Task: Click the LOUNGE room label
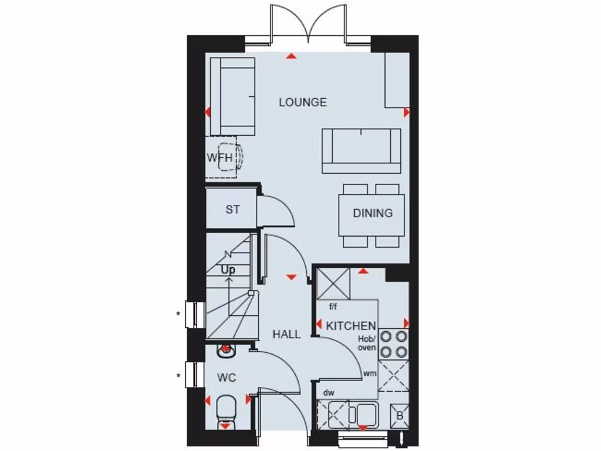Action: [x=302, y=102]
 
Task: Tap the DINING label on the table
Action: [x=372, y=213]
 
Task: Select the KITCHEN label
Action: [x=351, y=326]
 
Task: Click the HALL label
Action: [x=286, y=334]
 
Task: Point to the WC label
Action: [x=226, y=378]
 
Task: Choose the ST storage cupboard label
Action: [x=232, y=209]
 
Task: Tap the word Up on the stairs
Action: [x=228, y=270]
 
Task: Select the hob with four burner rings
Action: [x=393, y=344]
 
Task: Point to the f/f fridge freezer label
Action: [x=333, y=306]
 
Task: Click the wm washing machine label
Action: [x=370, y=373]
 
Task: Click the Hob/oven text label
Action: [x=367, y=344]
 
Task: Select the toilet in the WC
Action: [x=226, y=409]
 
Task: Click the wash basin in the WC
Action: [x=225, y=351]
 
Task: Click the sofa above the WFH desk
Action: [x=232, y=96]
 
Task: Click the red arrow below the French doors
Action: [x=290, y=56]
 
